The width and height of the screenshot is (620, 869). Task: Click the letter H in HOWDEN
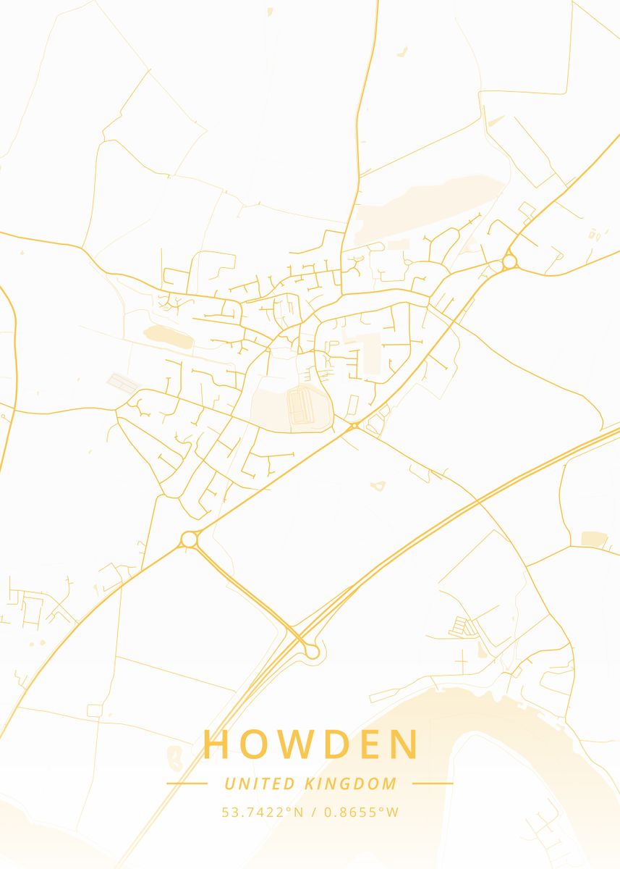point(216,744)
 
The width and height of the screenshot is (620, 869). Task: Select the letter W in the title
point(300,744)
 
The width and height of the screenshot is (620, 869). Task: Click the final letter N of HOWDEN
point(407,744)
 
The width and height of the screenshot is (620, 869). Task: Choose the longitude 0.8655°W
point(361,812)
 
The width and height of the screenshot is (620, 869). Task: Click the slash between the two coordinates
point(313,812)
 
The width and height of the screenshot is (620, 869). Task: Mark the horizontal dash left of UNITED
point(187,784)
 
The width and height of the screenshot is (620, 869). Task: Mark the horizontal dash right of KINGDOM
point(433,784)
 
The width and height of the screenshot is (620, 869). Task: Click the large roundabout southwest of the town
point(190,539)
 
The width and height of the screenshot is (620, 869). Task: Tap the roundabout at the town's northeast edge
point(509,261)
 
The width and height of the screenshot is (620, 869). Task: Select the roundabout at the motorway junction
point(312,652)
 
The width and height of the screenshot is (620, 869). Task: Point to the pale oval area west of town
point(168,335)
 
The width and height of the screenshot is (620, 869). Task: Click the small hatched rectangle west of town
point(120,382)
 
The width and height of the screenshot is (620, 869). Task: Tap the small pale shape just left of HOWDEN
point(174,757)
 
